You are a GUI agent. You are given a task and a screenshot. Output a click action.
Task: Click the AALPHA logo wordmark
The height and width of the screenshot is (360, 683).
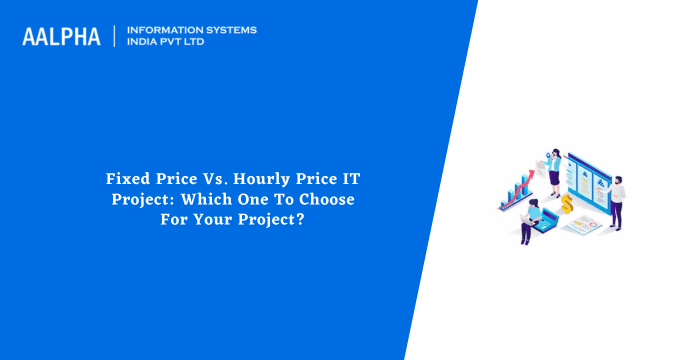pyautogui.click(x=61, y=37)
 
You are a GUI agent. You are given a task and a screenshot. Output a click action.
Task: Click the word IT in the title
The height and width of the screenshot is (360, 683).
pyautogui.click(x=352, y=179)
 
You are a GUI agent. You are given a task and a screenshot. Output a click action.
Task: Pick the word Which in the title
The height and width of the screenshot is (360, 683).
pyautogui.click(x=197, y=198)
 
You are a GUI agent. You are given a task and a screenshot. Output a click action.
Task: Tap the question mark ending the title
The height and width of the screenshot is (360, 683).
pyautogui.click(x=301, y=217)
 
